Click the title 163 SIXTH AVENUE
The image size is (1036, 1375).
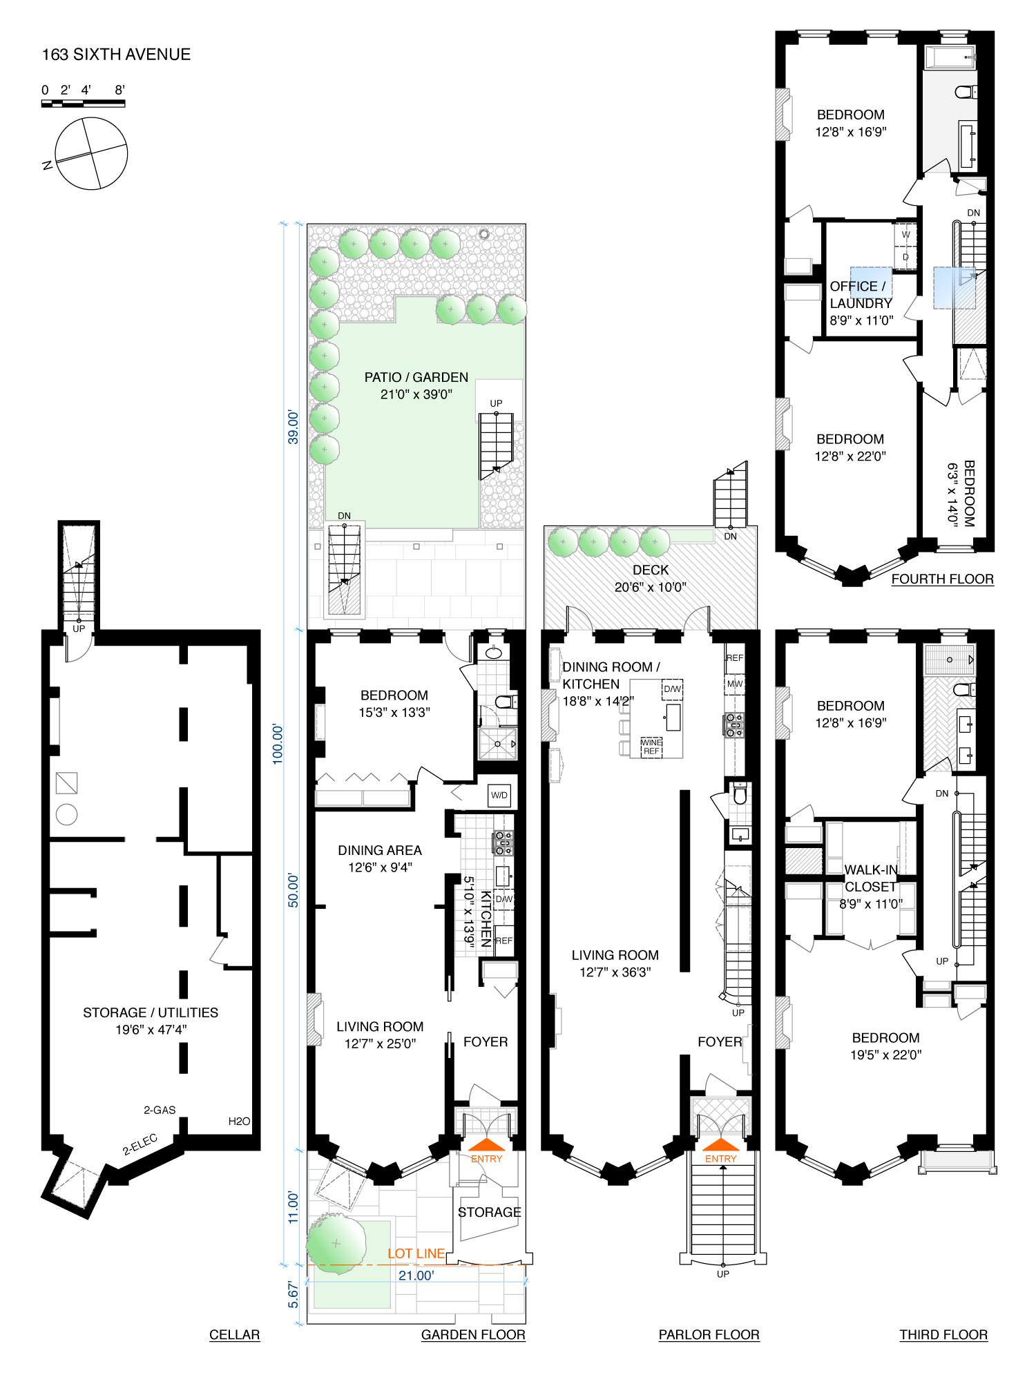point(116,55)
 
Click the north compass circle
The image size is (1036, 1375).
point(91,153)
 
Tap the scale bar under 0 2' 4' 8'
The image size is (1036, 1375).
point(83,104)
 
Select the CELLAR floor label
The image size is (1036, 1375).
point(234,1335)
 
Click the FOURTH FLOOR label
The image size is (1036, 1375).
point(942,579)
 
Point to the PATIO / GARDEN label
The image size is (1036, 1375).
point(416,378)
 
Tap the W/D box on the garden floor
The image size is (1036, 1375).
point(499,795)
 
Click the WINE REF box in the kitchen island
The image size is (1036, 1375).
point(651,747)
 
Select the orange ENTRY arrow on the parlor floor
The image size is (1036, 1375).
point(720,1145)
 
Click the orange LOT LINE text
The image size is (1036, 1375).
point(416,1253)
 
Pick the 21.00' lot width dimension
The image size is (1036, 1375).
point(416,1276)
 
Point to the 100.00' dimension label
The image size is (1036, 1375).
point(278,743)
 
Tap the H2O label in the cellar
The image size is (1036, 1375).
point(239,1121)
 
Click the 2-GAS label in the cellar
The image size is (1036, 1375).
point(160,1110)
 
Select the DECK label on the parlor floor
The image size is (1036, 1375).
point(651,570)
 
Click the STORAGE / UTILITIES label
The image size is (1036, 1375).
point(151,1012)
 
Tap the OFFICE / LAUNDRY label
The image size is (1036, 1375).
point(861,295)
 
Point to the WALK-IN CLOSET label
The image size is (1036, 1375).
point(870,878)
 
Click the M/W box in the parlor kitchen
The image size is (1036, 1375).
point(734,684)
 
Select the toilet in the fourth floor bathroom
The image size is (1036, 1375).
point(965,91)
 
